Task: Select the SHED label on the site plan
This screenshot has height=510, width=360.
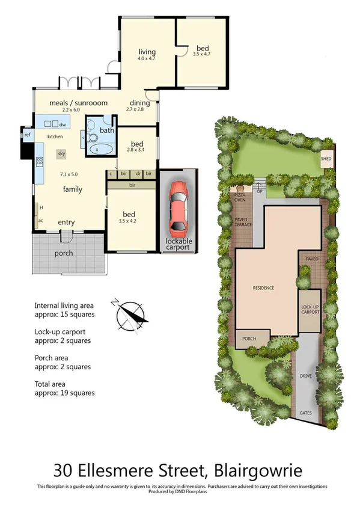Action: [x=326, y=159]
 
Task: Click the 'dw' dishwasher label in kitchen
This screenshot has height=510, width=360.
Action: [x=62, y=124]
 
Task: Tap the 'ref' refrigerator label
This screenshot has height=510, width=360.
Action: [x=27, y=135]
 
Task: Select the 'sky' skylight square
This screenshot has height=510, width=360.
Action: [x=61, y=154]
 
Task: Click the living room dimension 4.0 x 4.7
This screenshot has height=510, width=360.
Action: [x=147, y=59]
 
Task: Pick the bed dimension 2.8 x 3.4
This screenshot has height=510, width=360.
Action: [x=136, y=152]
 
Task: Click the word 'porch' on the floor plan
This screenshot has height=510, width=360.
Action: [x=64, y=253]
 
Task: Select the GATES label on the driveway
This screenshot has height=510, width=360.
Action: [x=305, y=414]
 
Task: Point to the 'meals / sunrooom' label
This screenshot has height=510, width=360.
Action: [x=70, y=103]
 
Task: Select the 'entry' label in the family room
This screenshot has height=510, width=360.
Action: [x=66, y=223]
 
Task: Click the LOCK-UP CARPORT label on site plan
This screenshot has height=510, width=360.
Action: [x=310, y=310]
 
